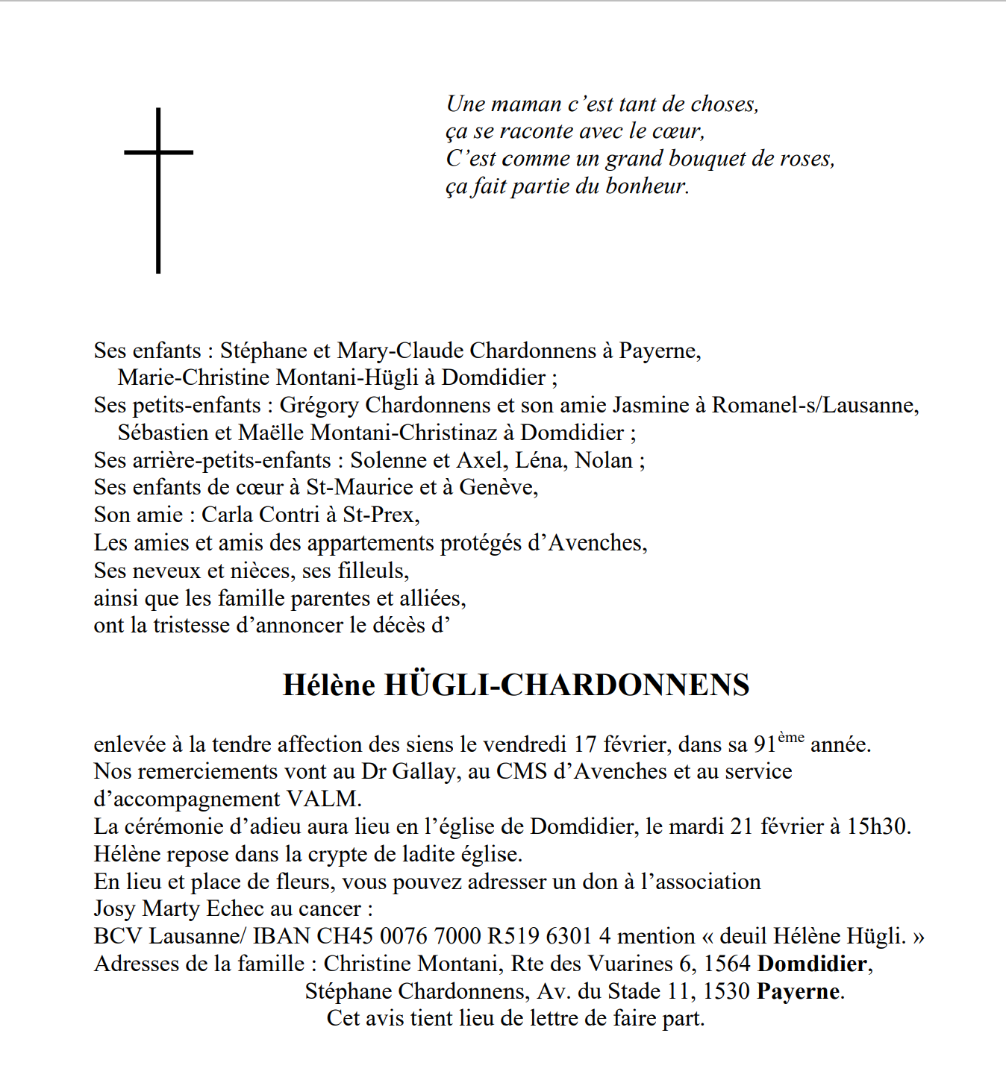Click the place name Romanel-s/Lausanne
(815, 405)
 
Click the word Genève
(498, 488)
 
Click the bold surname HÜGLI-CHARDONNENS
(566, 685)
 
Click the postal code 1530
(727, 991)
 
